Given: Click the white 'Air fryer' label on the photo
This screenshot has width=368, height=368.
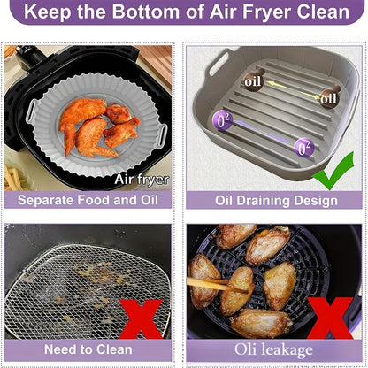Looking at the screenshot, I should (x=141, y=180).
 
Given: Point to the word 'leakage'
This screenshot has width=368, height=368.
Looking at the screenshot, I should (x=288, y=350).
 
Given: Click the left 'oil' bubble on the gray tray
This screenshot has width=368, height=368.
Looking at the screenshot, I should (x=253, y=81).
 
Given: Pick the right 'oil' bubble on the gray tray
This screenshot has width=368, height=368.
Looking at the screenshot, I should (x=328, y=97).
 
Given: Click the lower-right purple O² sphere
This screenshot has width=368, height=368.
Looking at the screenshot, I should (x=303, y=147).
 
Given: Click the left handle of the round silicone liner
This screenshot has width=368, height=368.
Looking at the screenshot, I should (x=34, y=111).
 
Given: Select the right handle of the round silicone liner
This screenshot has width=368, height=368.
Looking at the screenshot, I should (x=162, y=135).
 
